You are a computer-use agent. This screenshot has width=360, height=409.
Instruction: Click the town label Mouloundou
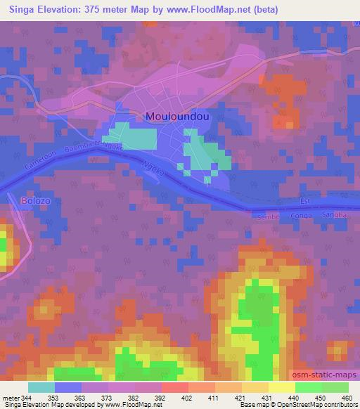click(177, 117)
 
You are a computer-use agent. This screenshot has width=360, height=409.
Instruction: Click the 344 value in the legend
click(26, 398)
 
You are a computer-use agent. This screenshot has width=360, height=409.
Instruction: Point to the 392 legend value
click(160, 398)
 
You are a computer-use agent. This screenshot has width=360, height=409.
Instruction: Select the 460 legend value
click(347, 398)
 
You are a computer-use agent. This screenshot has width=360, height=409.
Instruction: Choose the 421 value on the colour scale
click(240, 398)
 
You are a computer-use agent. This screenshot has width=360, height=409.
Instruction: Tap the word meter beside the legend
click(10, 398)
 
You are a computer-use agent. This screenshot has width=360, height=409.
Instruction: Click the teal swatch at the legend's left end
click(41, 387)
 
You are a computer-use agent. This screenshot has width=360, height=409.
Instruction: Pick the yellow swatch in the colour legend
click(282, 387)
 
